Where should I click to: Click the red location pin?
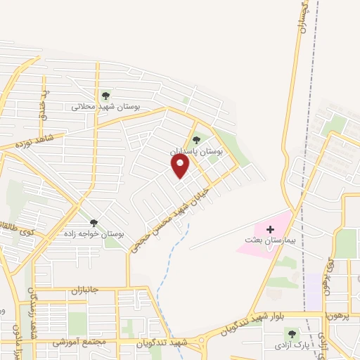point(181,166)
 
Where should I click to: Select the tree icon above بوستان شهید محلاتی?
point(105,95)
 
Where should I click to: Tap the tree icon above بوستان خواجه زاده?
point(94,222)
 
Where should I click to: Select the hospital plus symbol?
point(270,229)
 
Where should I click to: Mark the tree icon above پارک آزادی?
point(292,333)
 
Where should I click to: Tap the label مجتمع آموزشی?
point(78,342)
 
